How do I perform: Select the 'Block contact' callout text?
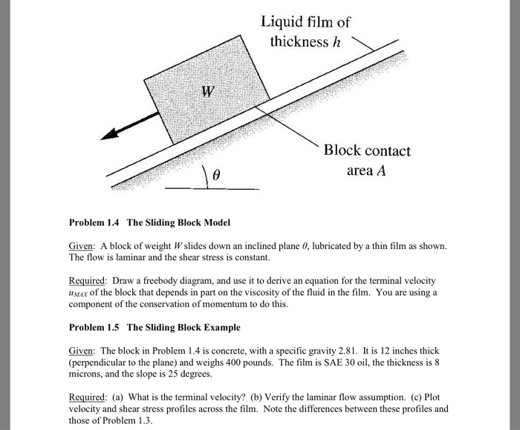click(x=366, y=150)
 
